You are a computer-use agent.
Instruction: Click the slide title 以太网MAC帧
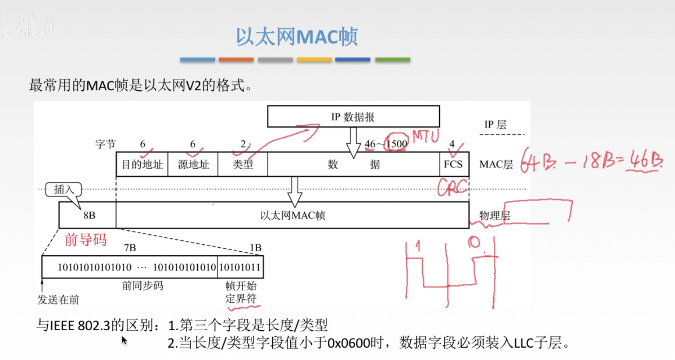coord(296,37)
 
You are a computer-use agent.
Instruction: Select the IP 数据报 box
coord(353,117)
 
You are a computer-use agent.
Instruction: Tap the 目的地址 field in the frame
coord(142,165)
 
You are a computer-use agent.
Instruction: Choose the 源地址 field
coord(193,165)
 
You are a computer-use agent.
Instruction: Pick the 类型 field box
coord(243,165)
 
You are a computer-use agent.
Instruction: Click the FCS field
coord(453,165)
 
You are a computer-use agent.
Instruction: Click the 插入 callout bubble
coord(63,189)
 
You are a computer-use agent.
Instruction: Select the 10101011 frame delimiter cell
coord(240,267)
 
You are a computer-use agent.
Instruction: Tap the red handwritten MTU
coord(426,136)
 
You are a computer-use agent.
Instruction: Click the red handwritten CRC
coord(452,187)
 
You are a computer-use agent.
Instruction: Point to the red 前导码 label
coord(85,240)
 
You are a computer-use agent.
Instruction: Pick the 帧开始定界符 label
coord(241,292)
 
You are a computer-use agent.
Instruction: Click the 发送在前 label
coord(58,300)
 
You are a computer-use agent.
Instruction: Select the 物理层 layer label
coord(495,216)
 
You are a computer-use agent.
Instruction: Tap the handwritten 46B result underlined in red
coord(643,161)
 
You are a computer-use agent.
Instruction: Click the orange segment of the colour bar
coord(236,60)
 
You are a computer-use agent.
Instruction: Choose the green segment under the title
coord(393,60)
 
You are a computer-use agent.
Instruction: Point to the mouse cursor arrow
coord(124,340)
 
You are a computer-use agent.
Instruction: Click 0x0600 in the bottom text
coord(349,343)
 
